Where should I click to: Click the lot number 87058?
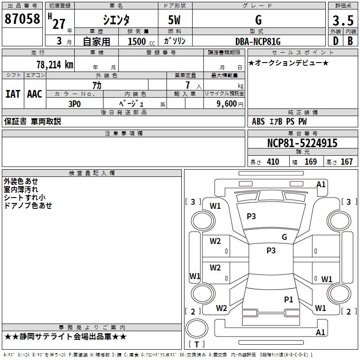pyautogui.click(x=22, y=19)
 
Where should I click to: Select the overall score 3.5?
pyautogui.click(x=342, y=21)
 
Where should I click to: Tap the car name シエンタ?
pyautogui.click(x=116, y=20)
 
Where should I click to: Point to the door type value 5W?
pyautogui.click(x=175, y=20)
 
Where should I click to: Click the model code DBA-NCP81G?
pyautogui.click(x=258, y=41)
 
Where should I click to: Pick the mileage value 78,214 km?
pyautogui.click(x=54, y=64)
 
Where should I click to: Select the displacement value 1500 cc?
pyautogui.click(x=140, y=42)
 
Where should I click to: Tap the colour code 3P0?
pyautogui.click(x=75, y=103)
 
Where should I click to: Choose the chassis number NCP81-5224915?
pyautogui.click(x=302, y=143)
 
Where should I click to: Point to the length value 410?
pyautogui.click(x=273, y=162)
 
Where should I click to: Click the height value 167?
pyautogui.click(x=346, y=162)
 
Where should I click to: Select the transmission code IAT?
pyautogui.click(x=13, y=94)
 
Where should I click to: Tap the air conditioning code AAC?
pyautogui.click(x=35, y=94)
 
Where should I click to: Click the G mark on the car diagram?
pyautogui.click(x=284, y=237)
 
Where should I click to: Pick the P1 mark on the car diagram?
pyautogui.click(x=288, y=299)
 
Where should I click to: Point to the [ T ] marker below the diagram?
pyautogui.click(x=196, y=344)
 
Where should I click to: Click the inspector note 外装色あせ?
pyautogui.click(x=21, y=181)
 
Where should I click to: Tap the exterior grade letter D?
pyautogui.click(x=335, y=41)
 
